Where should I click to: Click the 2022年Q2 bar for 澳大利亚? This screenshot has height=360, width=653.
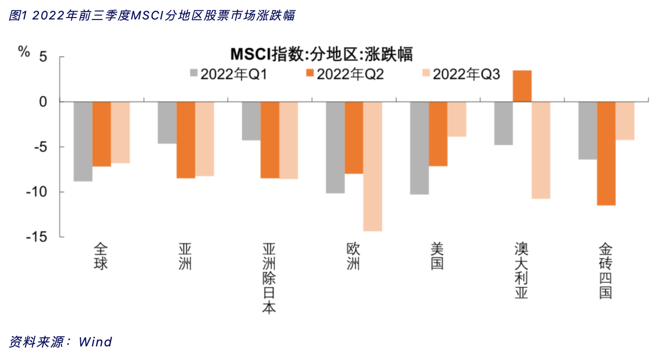522,86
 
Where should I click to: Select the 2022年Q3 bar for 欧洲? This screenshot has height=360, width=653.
373,166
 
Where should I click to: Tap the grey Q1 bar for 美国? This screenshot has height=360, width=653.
419,148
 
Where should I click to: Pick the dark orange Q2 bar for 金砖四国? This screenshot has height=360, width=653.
606,153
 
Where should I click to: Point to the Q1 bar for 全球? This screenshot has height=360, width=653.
83,141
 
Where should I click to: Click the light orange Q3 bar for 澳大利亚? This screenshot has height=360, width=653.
541,150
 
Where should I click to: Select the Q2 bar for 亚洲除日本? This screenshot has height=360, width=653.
270,140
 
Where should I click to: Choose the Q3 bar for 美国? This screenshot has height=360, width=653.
457,119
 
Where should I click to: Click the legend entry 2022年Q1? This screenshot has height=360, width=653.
228,74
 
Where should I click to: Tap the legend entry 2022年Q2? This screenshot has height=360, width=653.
345,74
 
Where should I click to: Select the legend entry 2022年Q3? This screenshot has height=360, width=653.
461,74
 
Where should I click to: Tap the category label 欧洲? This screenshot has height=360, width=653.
354,256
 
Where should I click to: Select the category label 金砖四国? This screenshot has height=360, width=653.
606,271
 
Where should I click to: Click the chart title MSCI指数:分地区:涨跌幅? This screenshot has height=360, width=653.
321,54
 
